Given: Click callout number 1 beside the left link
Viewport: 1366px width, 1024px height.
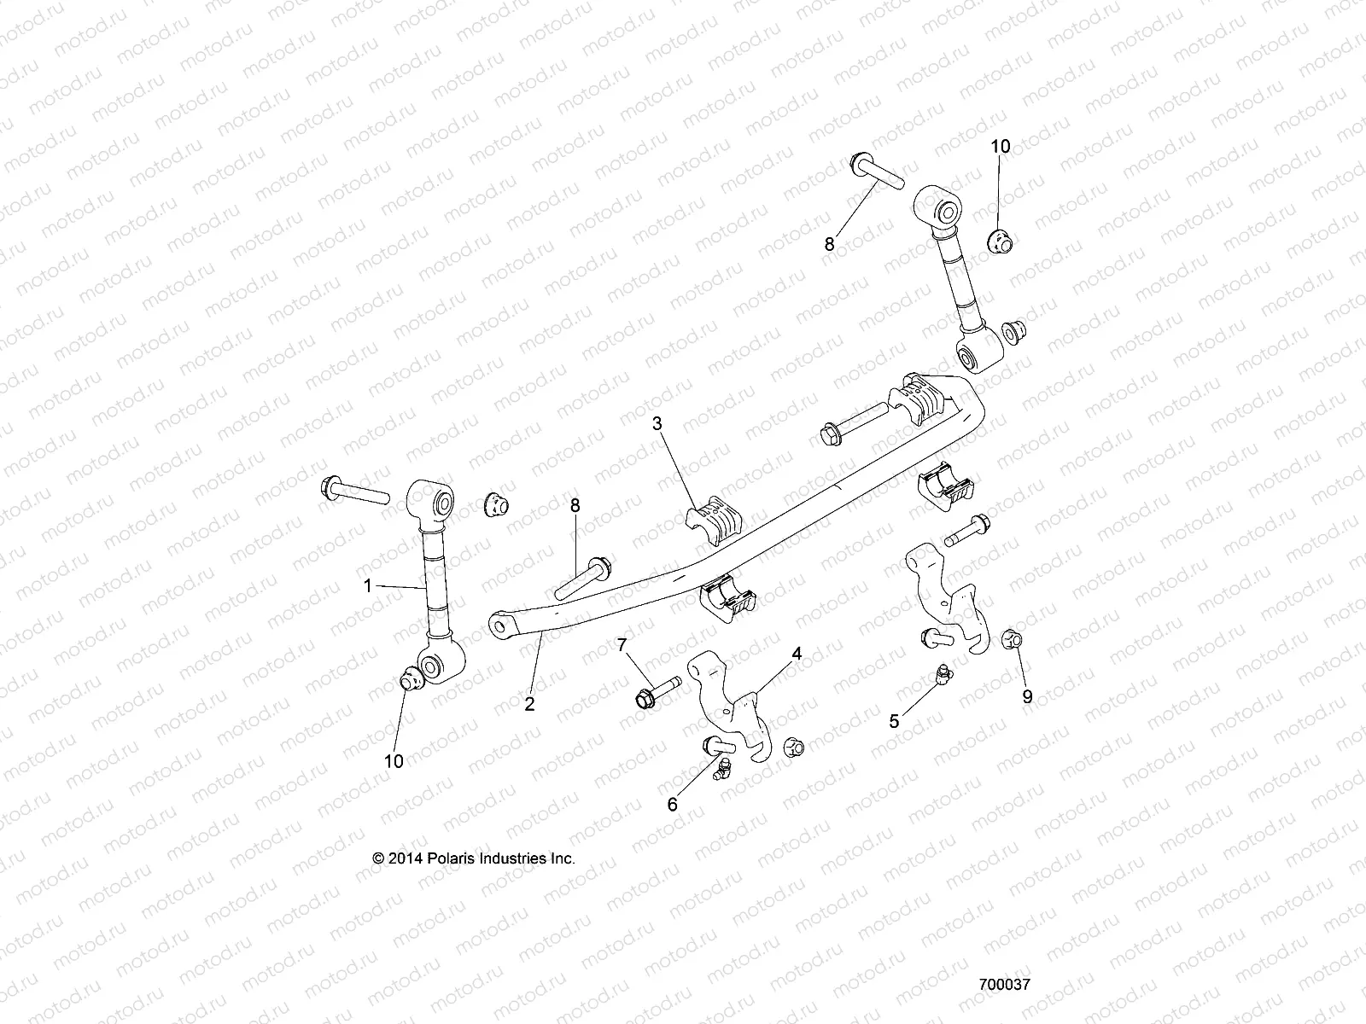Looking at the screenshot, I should [x=368, y=585].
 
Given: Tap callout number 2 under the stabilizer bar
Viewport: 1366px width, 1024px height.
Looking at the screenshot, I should [x=529, y=705].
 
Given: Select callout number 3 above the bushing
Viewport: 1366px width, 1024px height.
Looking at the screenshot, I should [x=657, y=422].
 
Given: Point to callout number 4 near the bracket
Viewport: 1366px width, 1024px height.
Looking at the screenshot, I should [x=796, y=655].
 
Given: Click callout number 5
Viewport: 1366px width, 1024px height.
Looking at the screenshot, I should [x=894, y=721].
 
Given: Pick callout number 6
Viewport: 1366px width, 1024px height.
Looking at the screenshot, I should [x=673, y=804].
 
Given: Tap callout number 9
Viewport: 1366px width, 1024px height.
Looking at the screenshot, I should [x=1027, y=696].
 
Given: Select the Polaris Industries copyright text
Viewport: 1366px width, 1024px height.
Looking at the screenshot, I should [x=475, y=858].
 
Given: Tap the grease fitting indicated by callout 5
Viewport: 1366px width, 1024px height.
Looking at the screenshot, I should [x=942, y=676].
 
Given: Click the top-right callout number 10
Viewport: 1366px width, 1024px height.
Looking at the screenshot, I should [x=1000, y=147].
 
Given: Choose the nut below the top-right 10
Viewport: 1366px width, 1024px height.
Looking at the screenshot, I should [x=997, y=242].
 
